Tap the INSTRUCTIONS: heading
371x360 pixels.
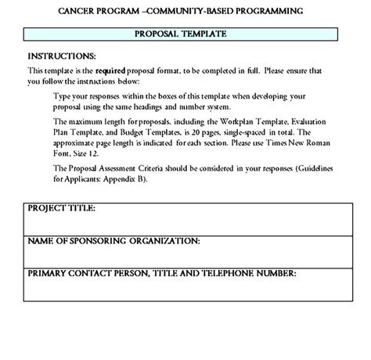[62, 56]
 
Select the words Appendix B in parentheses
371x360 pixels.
[139, 179]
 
